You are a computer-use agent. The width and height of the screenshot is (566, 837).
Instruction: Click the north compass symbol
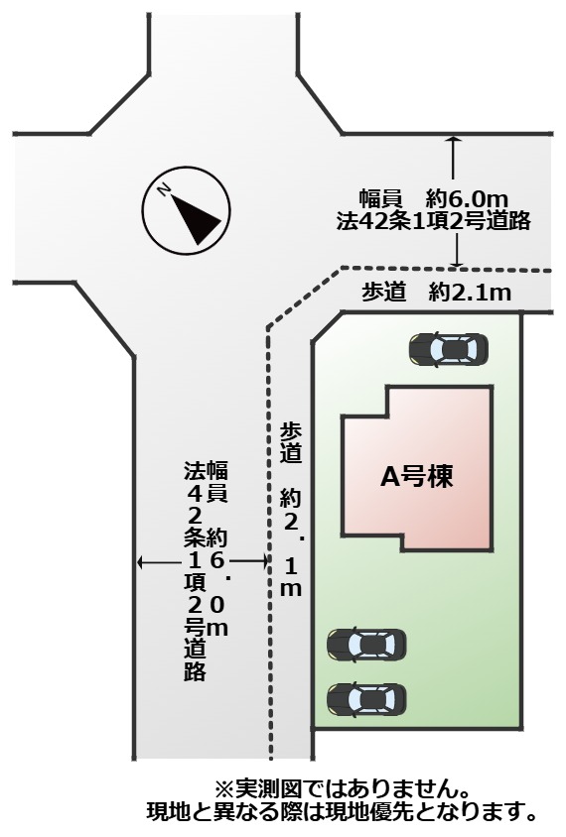click(x=186, y=210)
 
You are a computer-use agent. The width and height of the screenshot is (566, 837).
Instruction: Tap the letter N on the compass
click(x=164, y=189)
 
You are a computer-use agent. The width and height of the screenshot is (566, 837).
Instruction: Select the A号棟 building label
click(x=417, y=476)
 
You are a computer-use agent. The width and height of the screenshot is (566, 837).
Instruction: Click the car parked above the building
click(x=449, y=350)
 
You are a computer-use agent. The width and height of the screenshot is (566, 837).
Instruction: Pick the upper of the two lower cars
click(x=366, y=645)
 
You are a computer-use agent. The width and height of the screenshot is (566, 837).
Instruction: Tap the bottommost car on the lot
click(x=366, y=698)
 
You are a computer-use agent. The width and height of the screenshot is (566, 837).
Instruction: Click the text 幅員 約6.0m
click(x=434, y=199)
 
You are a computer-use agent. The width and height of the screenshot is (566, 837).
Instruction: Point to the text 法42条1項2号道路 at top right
click(x=434, y=221)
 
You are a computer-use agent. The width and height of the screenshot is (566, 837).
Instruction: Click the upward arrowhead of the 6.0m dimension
click(x=453, y=139)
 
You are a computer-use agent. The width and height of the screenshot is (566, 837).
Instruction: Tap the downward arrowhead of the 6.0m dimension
click(x=456, y=262)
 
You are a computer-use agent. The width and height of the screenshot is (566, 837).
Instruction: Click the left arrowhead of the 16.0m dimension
click(x=141, y=561)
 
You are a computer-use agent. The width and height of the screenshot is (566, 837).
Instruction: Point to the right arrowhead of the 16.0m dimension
click(x=263, y=561)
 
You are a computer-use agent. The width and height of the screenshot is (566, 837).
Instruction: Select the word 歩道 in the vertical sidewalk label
click(x=291, y=443)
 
